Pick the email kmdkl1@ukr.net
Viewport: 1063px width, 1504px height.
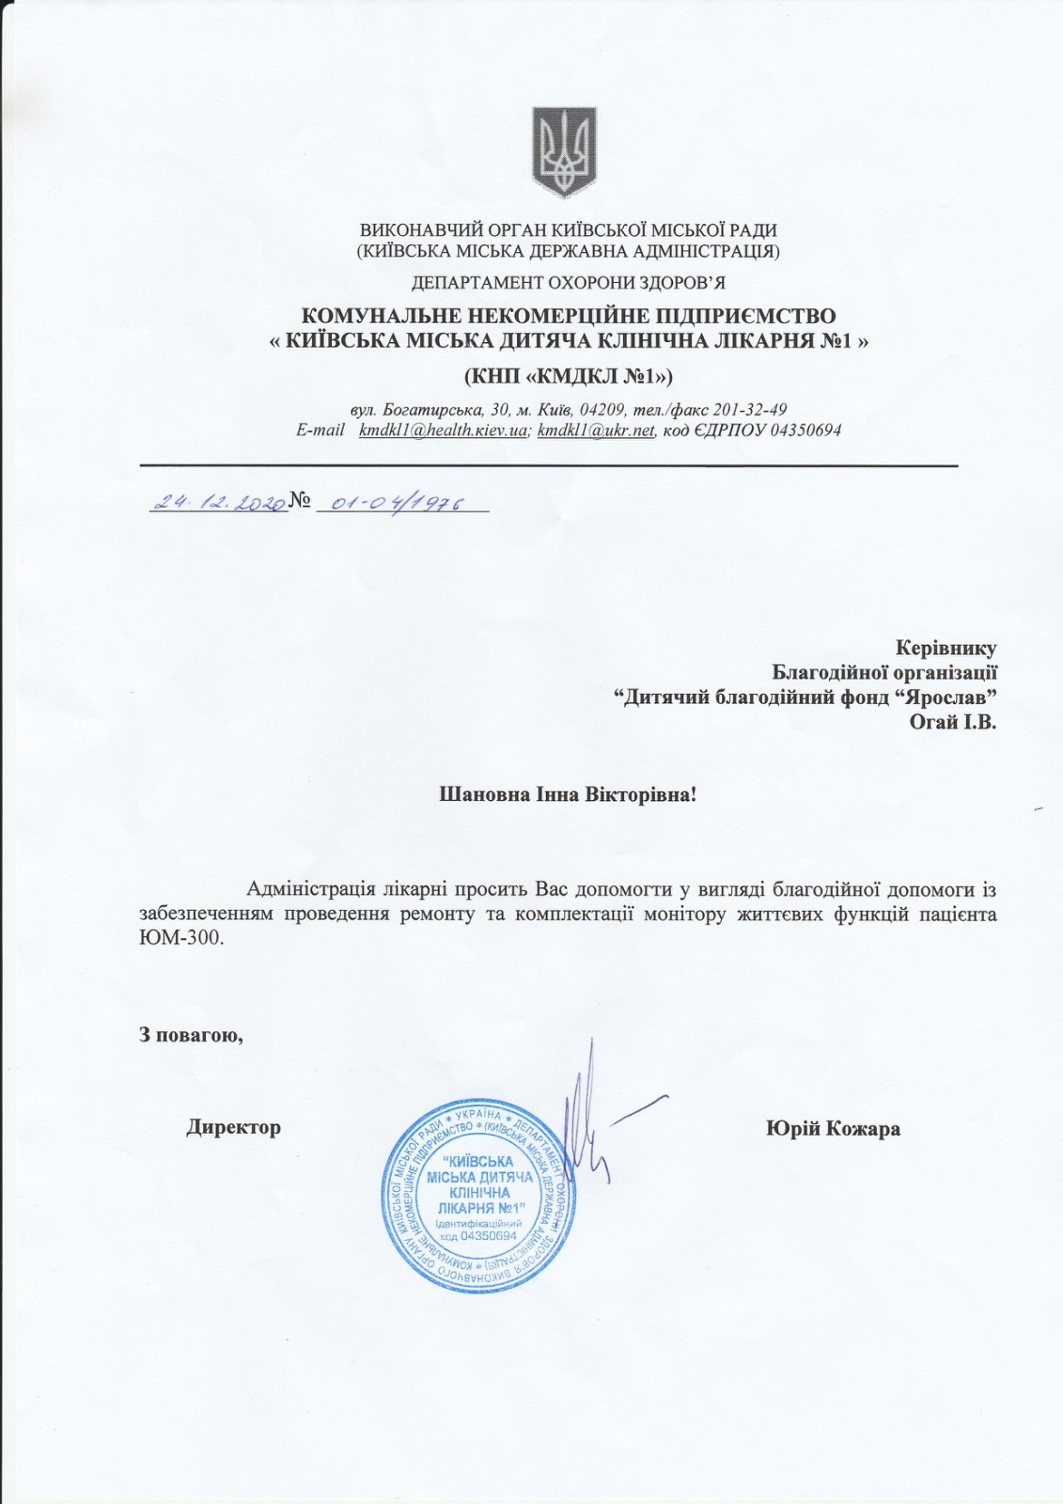point(596,431)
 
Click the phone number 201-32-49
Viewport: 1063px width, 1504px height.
point(751,410)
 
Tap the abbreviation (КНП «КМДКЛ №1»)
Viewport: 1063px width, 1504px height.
point(569,376)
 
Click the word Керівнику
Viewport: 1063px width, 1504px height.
point(946,648)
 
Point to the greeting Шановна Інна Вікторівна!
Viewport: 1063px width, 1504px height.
point(569,794)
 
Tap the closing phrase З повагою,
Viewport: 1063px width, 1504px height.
point(192,1035)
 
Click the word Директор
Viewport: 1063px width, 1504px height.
point(233,1127)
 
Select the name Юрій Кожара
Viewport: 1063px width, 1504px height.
point(833,1129)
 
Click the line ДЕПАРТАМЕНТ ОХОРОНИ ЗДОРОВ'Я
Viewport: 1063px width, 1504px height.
point(569,282)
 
